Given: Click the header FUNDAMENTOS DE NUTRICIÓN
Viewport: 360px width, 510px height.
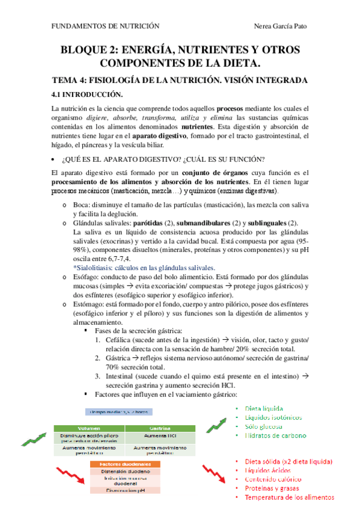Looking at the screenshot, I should tap(105, 27).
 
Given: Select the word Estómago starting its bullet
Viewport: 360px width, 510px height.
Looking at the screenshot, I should tap(88, 304).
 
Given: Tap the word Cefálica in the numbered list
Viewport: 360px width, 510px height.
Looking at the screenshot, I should tap(120, 340).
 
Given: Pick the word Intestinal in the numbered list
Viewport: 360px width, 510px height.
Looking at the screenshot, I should tap(122, 376).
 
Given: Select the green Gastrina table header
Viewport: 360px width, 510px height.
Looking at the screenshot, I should tap(158, 429).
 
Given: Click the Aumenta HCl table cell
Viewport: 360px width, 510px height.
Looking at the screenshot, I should tap(158, 437).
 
